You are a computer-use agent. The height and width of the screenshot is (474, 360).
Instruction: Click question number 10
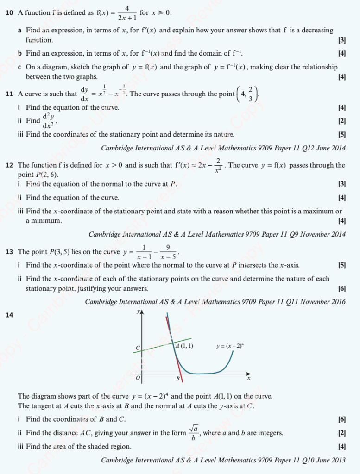click(x=9, y=13)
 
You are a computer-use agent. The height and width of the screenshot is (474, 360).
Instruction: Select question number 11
click(x=9, y=94)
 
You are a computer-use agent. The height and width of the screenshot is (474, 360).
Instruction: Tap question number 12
click(x=9, y=165)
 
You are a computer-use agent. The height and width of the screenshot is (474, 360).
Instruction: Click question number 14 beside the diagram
click(x=9, y=315)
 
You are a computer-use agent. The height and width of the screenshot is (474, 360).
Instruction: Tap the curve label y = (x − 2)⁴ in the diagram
click(x=230, y=345)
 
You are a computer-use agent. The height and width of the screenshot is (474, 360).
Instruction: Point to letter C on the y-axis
click(x=137, y=347)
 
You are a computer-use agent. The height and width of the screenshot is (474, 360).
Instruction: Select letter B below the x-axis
click(x=177, y=379)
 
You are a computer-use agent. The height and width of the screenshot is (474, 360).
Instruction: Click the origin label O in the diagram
click(x=137, y=379)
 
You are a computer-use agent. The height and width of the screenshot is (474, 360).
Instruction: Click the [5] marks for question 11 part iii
click(x=342, y=135)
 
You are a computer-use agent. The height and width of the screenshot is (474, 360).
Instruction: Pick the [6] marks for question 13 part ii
click(x=342, y=288)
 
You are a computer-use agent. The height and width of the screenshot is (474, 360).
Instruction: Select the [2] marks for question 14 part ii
click(x=342, y=433)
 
